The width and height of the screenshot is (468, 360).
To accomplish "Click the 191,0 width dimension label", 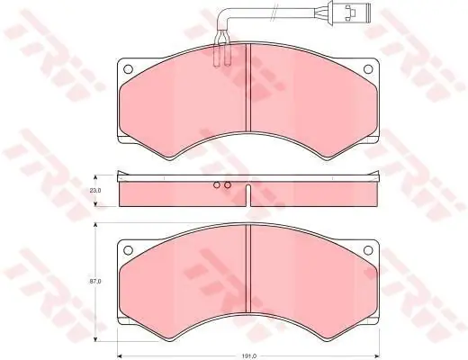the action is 249,356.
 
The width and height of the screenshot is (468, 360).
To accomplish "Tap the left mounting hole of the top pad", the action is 128,69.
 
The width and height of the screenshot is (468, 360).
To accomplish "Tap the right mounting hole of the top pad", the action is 368,69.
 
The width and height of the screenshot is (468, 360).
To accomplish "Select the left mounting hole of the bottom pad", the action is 128,249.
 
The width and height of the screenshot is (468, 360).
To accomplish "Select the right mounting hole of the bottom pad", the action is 368,249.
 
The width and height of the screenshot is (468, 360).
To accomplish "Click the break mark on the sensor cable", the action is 273,13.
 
